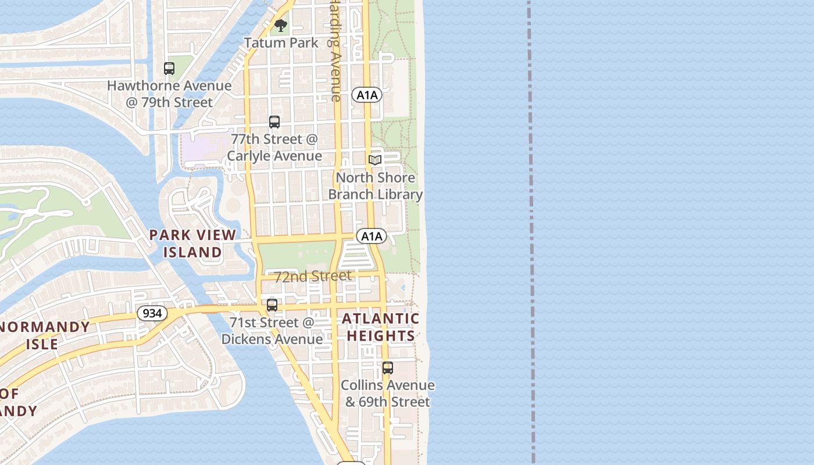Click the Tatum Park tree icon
tap(281, 26)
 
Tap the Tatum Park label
tap(281, 43)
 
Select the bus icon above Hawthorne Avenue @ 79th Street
tap(169, 69)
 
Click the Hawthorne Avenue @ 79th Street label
tap(169, 94)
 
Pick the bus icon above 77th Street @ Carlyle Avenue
tap(274, 122)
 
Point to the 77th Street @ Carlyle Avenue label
tap(274, 148)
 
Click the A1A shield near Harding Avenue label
tap(367, 95)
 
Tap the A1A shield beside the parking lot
tap(372, 236)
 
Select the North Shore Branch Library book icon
tap(375, 160)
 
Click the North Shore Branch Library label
tap(376, 186)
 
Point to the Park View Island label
tap(192, 244)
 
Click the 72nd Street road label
tap(313, 276)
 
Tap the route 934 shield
tap(152, 313)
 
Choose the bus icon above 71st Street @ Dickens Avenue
tap(272, 305)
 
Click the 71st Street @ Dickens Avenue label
tap(272, 331)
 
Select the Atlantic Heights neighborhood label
tap(381, 327)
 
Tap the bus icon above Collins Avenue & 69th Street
tap(388, 368)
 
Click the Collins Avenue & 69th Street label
tap(388, 394)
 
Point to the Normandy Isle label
tap(44, 335)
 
